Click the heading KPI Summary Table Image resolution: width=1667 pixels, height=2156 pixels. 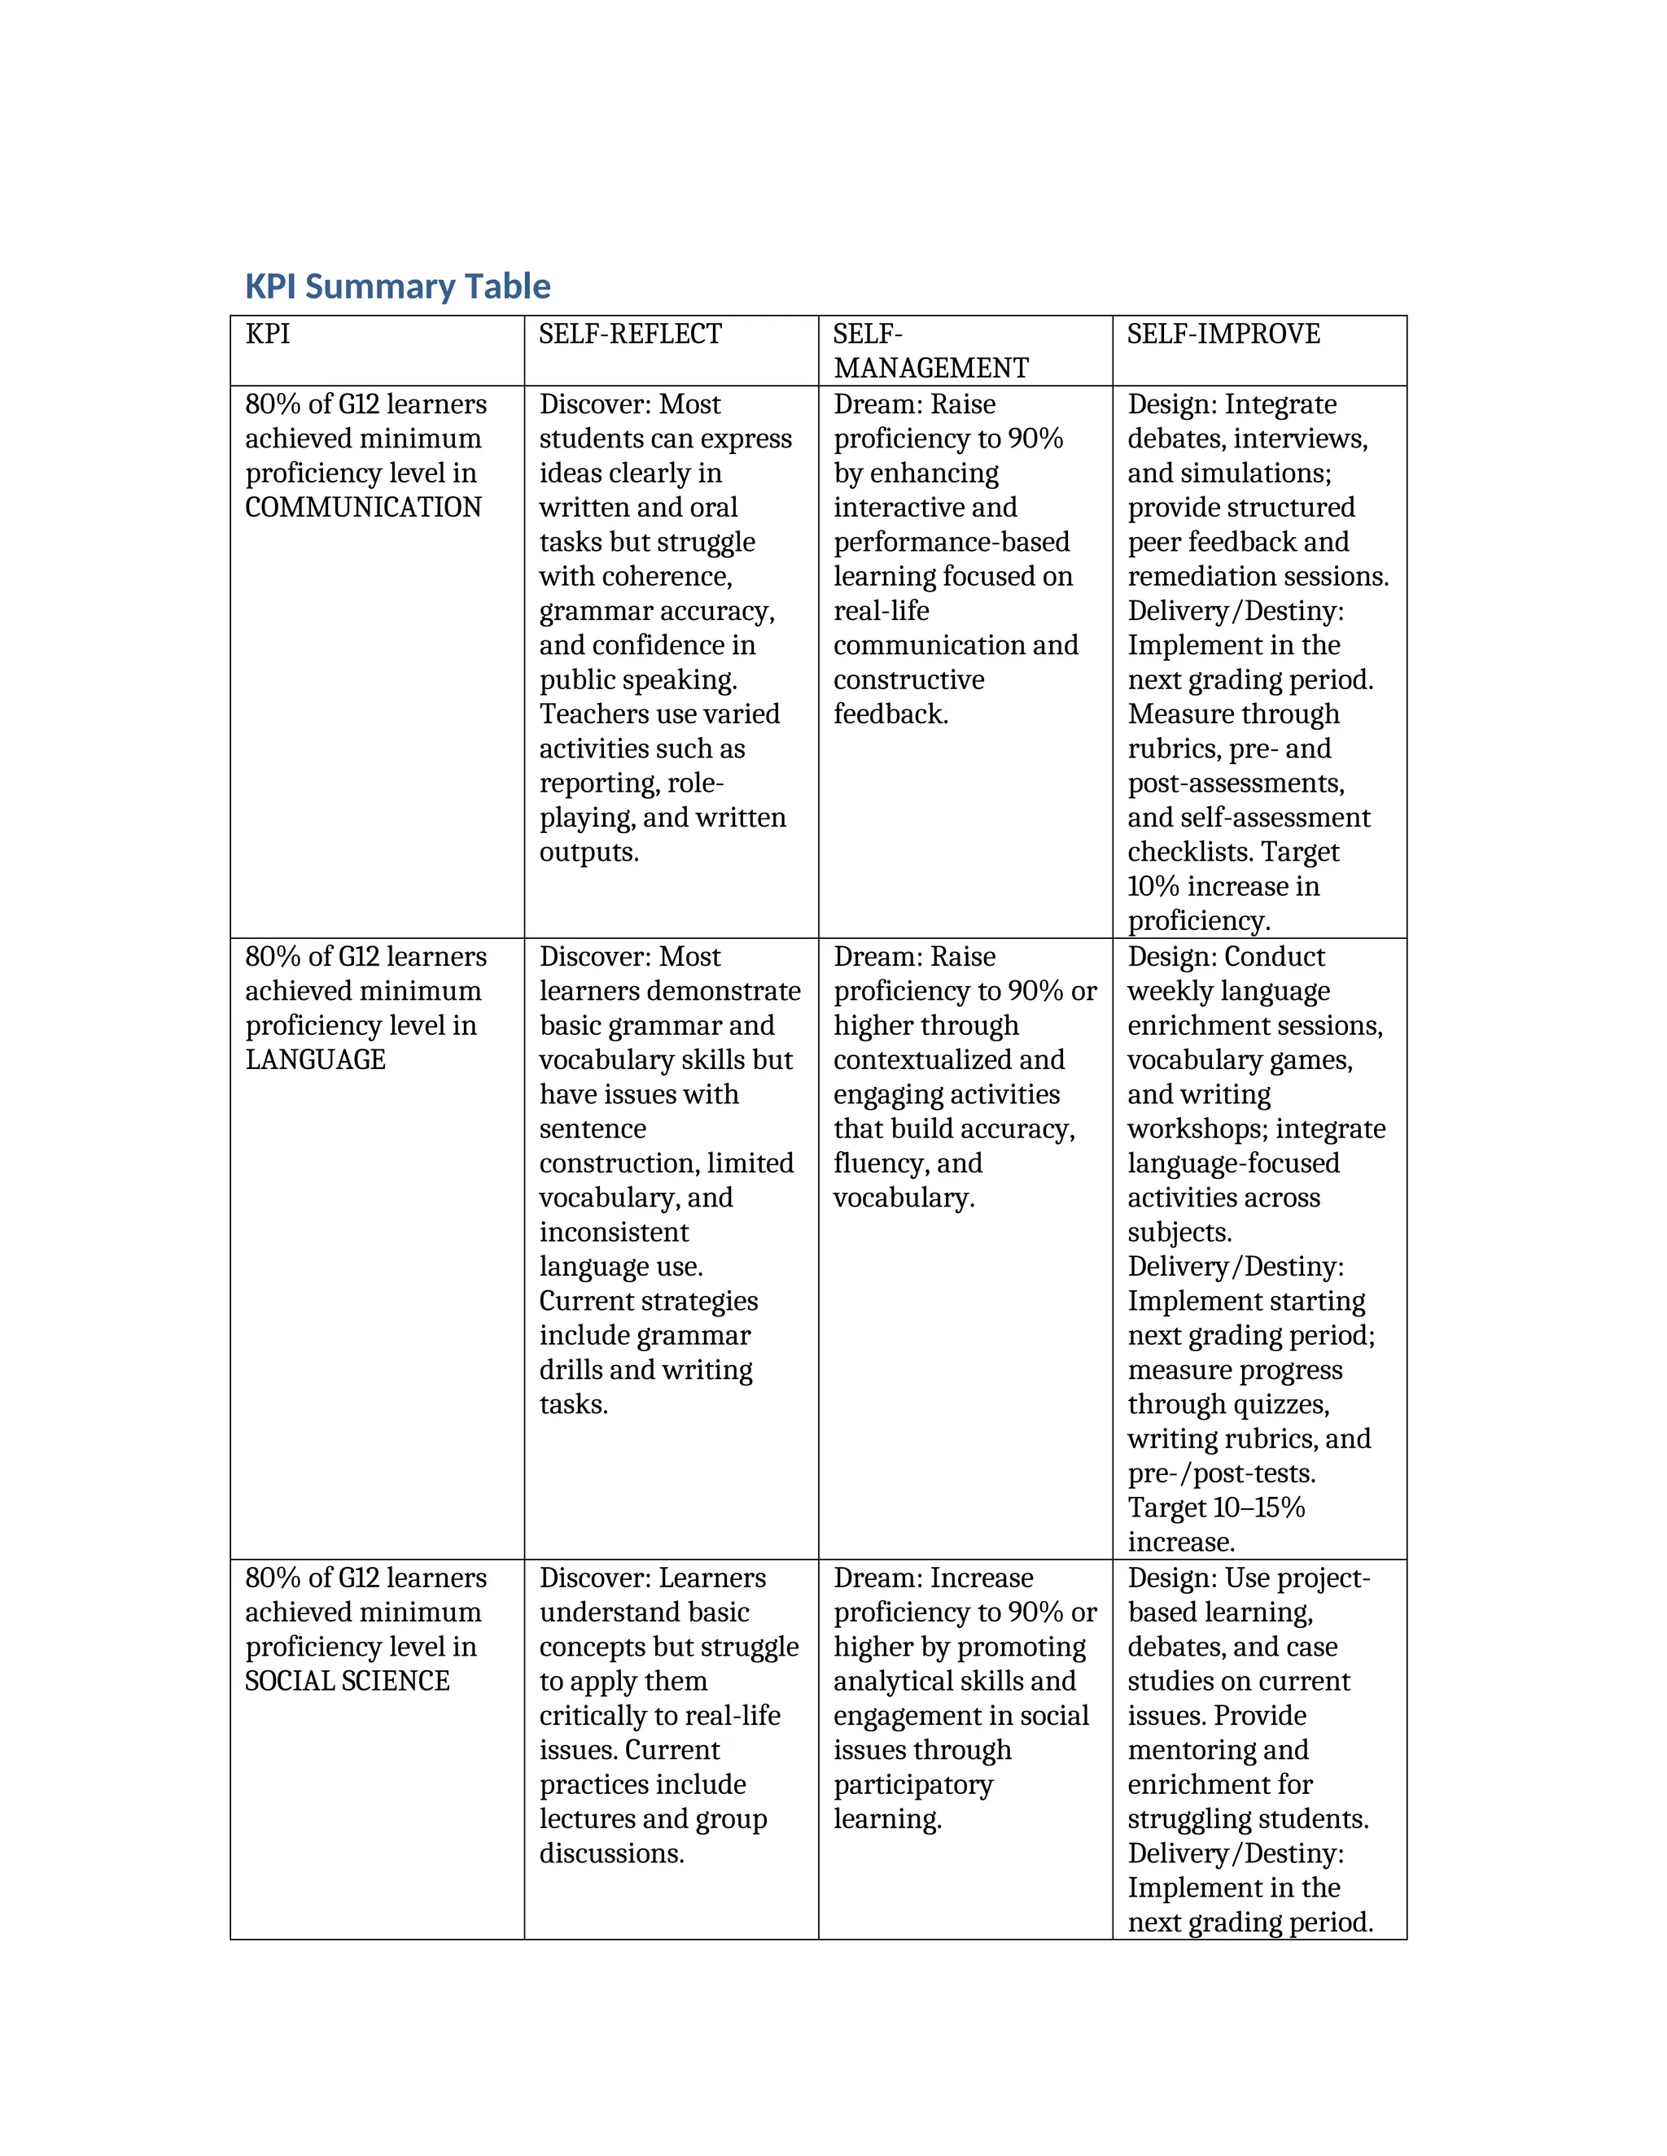pos(397,286)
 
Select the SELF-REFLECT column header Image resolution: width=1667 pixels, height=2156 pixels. pos(630,334)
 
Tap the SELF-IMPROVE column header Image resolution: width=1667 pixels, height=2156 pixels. pos(1223,334)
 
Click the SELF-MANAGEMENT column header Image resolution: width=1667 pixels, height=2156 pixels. pos(930,351)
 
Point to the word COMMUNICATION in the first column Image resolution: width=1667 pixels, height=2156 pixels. pos(362,508)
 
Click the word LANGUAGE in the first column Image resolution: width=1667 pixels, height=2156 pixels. pos(315,1060)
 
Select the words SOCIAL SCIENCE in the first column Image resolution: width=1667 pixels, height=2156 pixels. pos(347,1681)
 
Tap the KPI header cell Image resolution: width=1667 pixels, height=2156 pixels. pos(268,334)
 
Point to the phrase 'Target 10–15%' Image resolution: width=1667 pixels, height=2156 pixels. pos(1216,1508)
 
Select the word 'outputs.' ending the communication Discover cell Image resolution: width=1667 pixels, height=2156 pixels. pos(588,852)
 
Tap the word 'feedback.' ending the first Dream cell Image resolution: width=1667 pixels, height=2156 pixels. pos(890,714)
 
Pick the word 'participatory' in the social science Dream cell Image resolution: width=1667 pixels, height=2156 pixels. pos(912,1785)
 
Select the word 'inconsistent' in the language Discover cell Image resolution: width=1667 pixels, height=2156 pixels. pos(613,1232)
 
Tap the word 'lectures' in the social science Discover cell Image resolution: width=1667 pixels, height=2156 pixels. pos(584,1819)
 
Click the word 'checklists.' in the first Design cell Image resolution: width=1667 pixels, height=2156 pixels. pos(1190,852)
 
